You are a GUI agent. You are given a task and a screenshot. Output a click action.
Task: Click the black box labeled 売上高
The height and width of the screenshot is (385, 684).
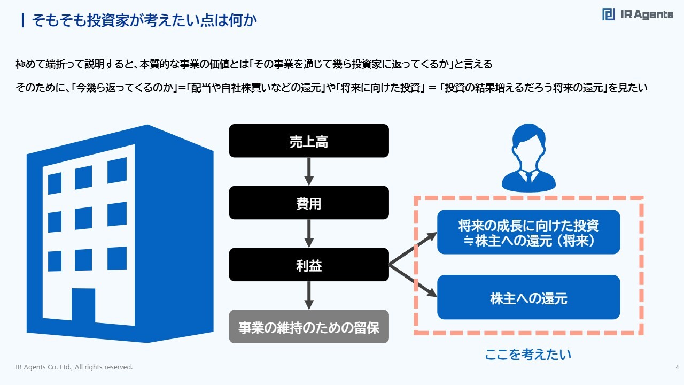click(x=309, y=141)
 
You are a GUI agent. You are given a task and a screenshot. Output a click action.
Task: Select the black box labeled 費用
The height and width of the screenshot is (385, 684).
click(x=309, y=203)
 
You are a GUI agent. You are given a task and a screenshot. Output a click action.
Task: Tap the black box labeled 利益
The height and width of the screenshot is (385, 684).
click(x=309, y=265)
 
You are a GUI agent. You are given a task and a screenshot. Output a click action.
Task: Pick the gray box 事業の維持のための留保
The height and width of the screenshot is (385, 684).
click(x=309, y=327)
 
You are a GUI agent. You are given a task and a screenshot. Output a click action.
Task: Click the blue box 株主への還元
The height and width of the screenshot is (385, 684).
click(x=528, y=297)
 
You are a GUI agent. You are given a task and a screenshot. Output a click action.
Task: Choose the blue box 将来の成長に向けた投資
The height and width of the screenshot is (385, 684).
click(x=528, y=232)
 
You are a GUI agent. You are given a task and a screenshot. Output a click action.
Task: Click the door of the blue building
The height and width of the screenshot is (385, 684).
click(x=87, y=313)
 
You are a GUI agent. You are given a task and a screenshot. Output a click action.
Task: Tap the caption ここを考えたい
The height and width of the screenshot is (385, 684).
click(x=528, y=355)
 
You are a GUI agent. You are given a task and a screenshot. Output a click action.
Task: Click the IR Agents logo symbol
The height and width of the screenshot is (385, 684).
click(x=608, y=14)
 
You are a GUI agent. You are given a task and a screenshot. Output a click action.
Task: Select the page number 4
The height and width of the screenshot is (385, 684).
click(x=677, y=367)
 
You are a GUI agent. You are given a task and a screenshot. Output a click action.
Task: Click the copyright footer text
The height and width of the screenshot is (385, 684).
click(x=74, y=367)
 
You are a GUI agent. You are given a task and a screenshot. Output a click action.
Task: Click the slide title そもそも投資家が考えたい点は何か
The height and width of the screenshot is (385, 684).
click(x=145, y=20)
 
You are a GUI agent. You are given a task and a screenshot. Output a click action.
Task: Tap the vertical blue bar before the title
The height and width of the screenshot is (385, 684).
click(x=22, y=20)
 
